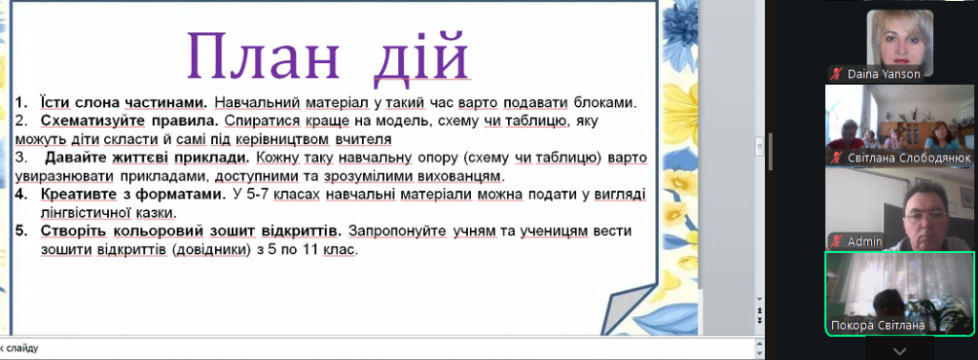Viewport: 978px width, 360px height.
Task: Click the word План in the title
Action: coord(263,54)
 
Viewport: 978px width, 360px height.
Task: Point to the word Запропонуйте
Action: coord(397,231)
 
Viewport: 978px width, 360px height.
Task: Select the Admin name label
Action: coord(865,242)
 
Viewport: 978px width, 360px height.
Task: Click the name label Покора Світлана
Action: coord(878,326)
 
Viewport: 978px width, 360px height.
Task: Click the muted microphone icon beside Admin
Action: coord(837,242)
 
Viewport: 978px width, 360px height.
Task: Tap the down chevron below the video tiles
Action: coord(900,350)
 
